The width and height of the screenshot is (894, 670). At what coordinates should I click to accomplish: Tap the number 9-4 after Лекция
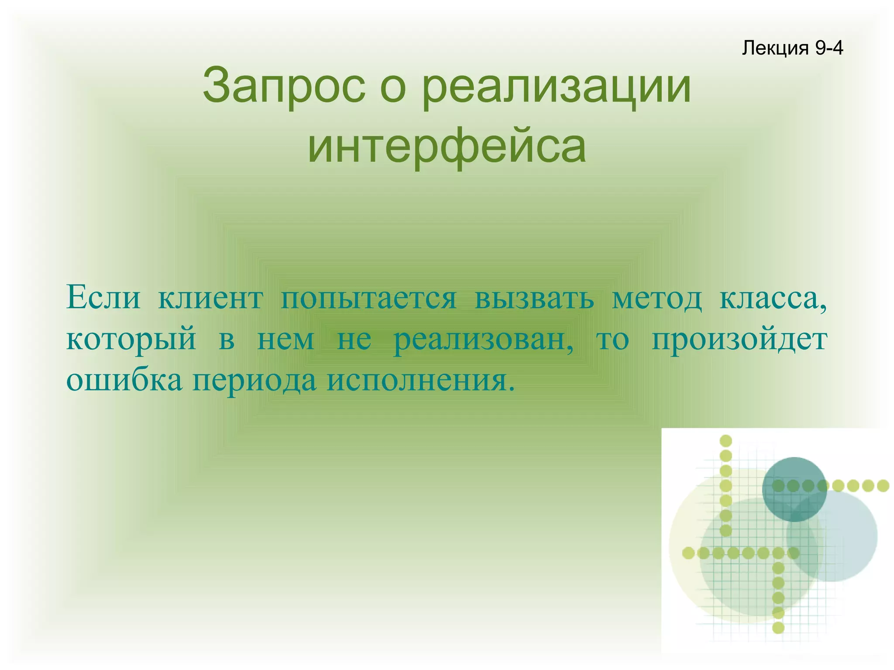[x=829, y=48]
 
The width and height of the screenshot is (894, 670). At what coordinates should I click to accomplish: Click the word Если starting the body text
[x=103, y=298]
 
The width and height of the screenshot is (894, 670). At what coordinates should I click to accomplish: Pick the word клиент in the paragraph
[x=210, y=298]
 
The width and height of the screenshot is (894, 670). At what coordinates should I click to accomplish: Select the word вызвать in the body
[x=534, y=298]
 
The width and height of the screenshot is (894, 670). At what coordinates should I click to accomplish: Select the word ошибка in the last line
[x=124, y=380]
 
